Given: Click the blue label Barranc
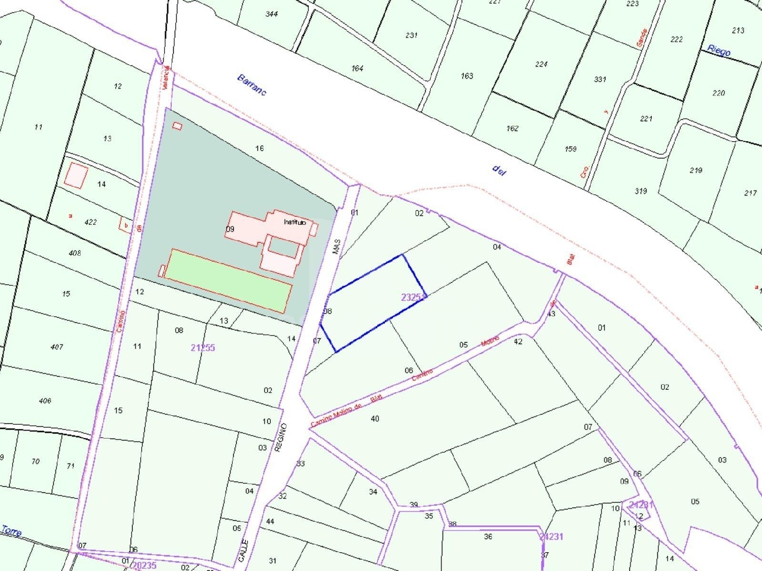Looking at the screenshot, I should [x=251, y=85].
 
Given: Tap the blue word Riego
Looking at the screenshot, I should [x=719, y=50].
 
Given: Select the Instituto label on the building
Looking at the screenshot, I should [x=295, y=222].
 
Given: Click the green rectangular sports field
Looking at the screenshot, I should [x=229, y=281].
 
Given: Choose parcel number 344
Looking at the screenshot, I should [x=272, y=14].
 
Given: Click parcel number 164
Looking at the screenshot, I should [x=357, y=68].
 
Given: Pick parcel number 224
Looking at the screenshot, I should [x=541, y=64].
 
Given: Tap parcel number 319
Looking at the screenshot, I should [x=641, y=191].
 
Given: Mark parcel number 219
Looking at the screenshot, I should [x=696, y=170].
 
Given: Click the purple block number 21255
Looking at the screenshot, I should [x=203, y=348].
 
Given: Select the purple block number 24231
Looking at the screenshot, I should [x=551, y=536].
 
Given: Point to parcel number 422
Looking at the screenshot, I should [x=90, y=222].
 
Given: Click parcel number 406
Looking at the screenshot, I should [x=45, y=400].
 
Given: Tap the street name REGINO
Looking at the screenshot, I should [x=280, y=437].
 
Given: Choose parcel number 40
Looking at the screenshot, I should [x=375, y=419].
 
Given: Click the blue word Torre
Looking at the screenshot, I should [x=11, y=531].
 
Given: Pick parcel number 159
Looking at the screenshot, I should [x=570, y=149].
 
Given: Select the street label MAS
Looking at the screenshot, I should [x=336, y=247].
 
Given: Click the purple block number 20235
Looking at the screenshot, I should [x=144, y=565].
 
